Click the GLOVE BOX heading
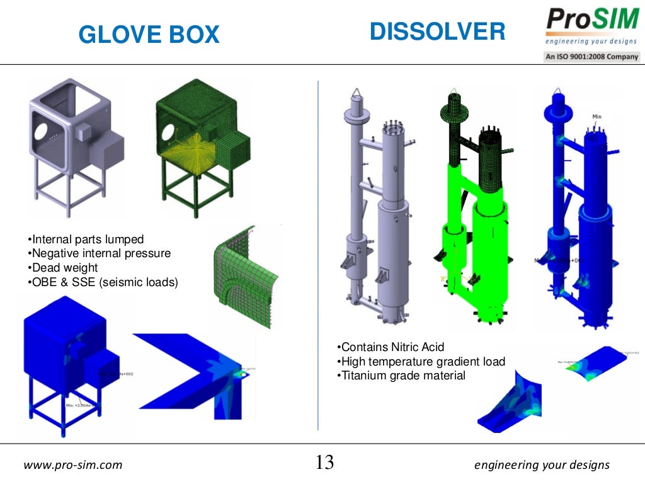149,35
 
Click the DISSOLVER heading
437,32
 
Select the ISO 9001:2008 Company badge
592,57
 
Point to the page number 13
324,463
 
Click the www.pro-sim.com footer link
73,466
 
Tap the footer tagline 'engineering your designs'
542,466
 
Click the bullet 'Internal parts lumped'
86,239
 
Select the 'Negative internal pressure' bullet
100,253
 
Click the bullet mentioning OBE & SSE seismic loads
103,282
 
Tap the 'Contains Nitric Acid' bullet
391,347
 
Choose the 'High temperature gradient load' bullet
421,362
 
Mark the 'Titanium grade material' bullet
401,376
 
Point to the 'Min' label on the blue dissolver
597,117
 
